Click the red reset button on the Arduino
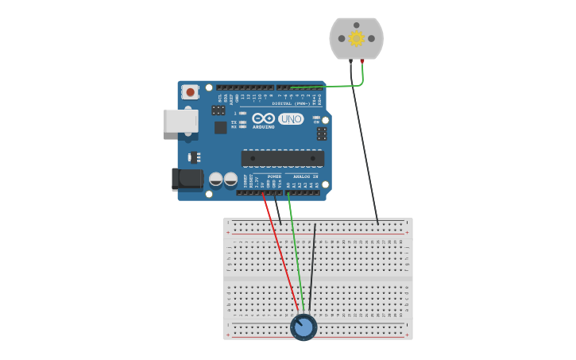[190, 92]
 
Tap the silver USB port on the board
[180, 121]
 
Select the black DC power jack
[187, 179]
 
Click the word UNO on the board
[291, 118]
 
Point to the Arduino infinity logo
[264, 118]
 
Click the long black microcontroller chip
[282, 158]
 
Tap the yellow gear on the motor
[356, 38]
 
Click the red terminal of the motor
[362, 60]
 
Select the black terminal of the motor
[350, 60]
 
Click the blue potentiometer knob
[303, 327]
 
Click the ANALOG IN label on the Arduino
[305, 176]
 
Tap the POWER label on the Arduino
[274, 176]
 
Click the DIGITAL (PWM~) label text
[291, 103]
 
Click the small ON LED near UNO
[316, 118]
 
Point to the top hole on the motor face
[356, 25]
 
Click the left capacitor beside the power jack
[215, 180]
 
